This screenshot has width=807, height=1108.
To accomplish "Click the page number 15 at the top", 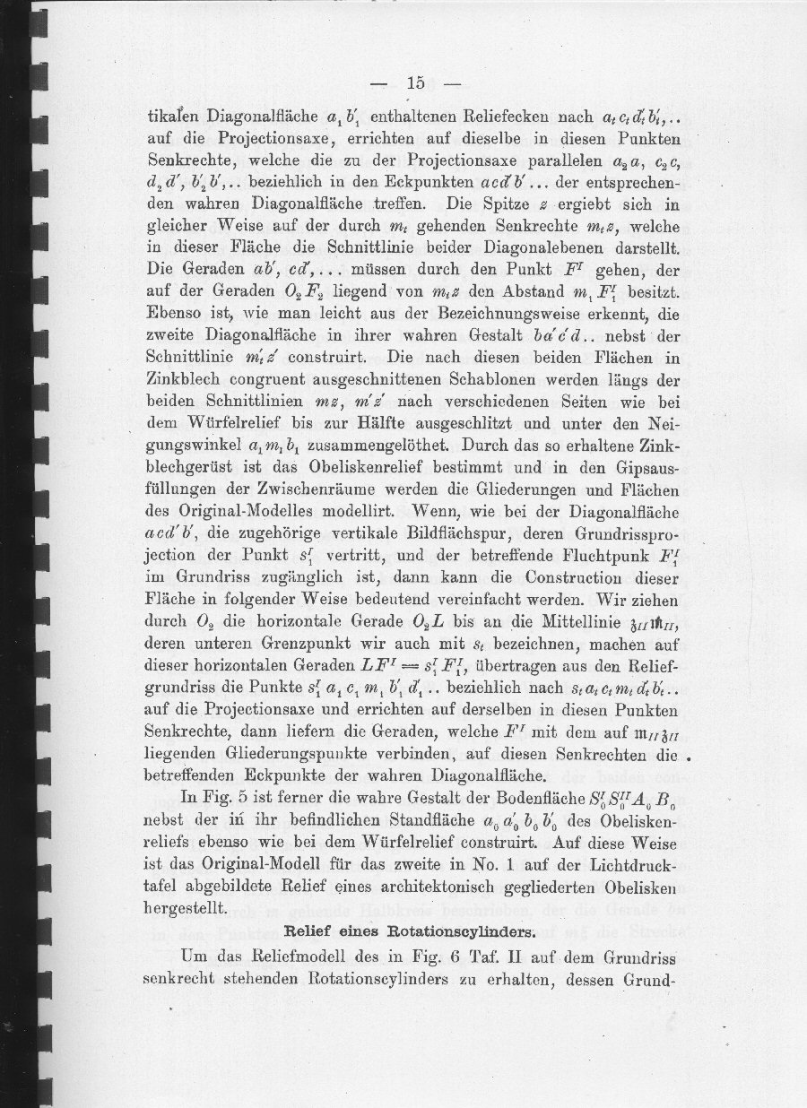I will pyautogui.click(x=414, y=83).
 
